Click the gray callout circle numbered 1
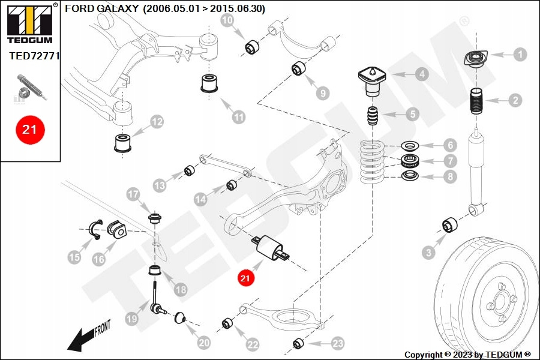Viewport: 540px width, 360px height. tap(520, 55)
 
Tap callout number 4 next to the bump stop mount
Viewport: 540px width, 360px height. tap(422, 74)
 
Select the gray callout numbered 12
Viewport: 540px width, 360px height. tap(157, 122)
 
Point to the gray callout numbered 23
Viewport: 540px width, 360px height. tap(338, 343)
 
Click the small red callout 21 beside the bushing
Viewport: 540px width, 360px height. tap(245, 278)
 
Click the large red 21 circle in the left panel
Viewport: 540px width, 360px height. tap(29, 129)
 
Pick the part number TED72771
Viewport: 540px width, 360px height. tap(34, 56)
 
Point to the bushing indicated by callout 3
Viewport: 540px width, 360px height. tap(451, 226)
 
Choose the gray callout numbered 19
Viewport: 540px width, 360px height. tap(132, 319)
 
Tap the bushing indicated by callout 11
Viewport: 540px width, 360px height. tap(210, 83)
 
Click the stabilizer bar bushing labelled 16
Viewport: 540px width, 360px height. tap(116, 229)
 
